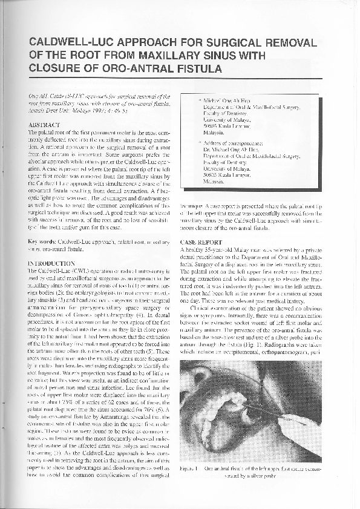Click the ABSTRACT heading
pos(44,123)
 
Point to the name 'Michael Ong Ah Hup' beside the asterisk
pos(230,97)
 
